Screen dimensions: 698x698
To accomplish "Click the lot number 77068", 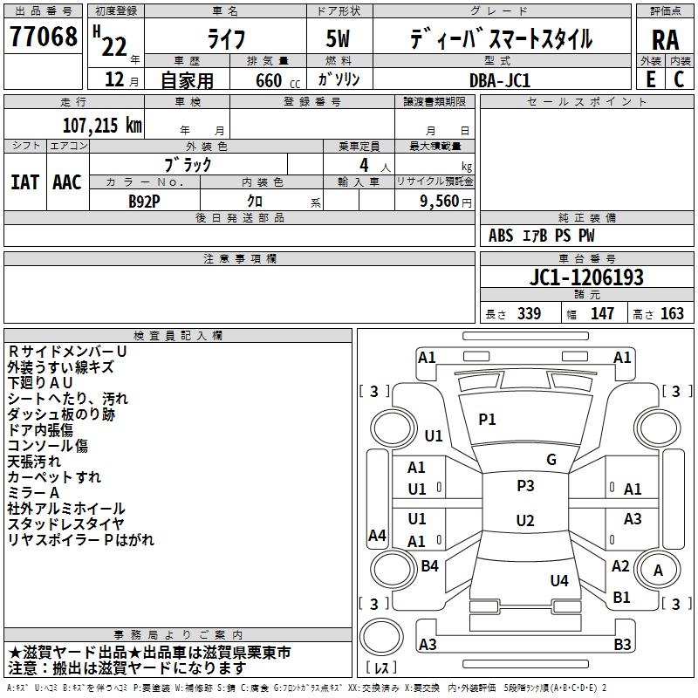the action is click(x=43, y=37).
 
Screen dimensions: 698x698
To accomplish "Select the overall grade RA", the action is click(x=666, y=40).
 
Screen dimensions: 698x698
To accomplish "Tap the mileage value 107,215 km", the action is click(x=102, y=126).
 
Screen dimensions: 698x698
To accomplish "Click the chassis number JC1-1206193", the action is click(x=586, y=277).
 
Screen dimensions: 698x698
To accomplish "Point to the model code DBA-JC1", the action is click(x=500, y=80).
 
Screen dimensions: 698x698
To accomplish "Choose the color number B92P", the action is click(x=144, y=202).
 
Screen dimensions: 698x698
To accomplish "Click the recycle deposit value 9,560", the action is click(x=440, y=202).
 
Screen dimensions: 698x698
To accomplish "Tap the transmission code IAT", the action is click(x=24, y=182).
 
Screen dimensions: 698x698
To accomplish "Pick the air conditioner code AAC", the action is click(x=67, y=182).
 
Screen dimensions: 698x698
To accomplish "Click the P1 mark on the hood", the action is click(x=487, y=420).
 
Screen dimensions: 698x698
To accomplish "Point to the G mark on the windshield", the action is click(x=551, y=460).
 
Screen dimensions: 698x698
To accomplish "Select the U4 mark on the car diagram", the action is click(x=559, y=580).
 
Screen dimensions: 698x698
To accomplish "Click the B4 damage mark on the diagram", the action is click(x=429, y=565).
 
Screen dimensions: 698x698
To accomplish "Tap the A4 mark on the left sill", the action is click(x=377, y=535).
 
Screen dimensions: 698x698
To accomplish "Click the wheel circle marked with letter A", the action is click(x=658, y=571).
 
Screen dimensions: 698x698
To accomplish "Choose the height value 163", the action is click(x=672, y=313).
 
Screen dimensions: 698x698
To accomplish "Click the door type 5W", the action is click(x=338, y=38).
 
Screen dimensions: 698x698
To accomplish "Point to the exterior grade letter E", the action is click(x=650, y=79).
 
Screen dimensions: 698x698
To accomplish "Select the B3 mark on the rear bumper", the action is click(x=622, y=644).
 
